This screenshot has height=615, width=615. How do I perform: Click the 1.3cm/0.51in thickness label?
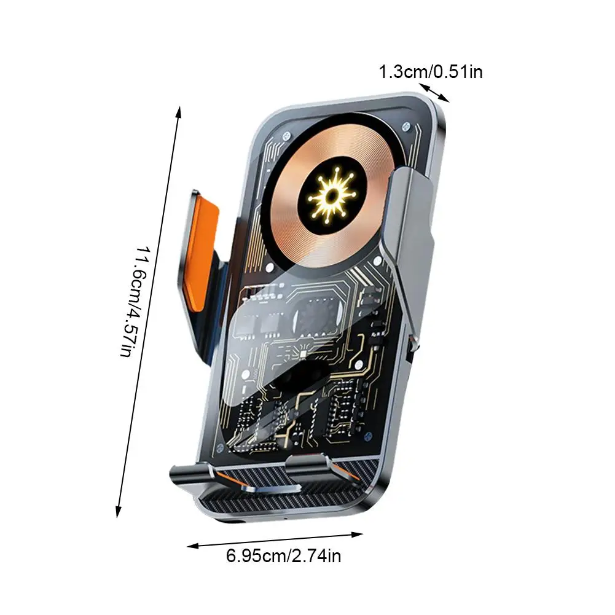(430, 72)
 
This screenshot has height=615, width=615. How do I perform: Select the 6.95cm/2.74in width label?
(283, 557)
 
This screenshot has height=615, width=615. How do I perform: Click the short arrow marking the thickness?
(435, 92)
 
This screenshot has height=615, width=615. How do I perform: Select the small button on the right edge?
(410, 353)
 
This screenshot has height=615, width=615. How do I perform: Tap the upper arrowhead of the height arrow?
(178, 111)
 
